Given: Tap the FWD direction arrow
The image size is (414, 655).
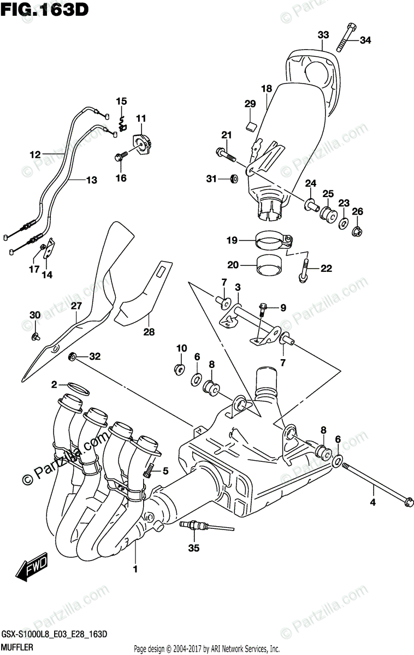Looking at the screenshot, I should click(x=33, y=568).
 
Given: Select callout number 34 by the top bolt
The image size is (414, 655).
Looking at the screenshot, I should click(x=365, y=39).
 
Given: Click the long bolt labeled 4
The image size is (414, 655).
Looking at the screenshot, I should click(x=377, y=484).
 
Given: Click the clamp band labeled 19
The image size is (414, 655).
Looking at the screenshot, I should click(x=274, y=240).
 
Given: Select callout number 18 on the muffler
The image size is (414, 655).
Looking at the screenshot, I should click(x=266, y=88).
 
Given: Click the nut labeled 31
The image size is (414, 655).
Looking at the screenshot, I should click(x=233, y=178).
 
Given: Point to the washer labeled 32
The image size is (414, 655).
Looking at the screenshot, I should click(x=72, y=357).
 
